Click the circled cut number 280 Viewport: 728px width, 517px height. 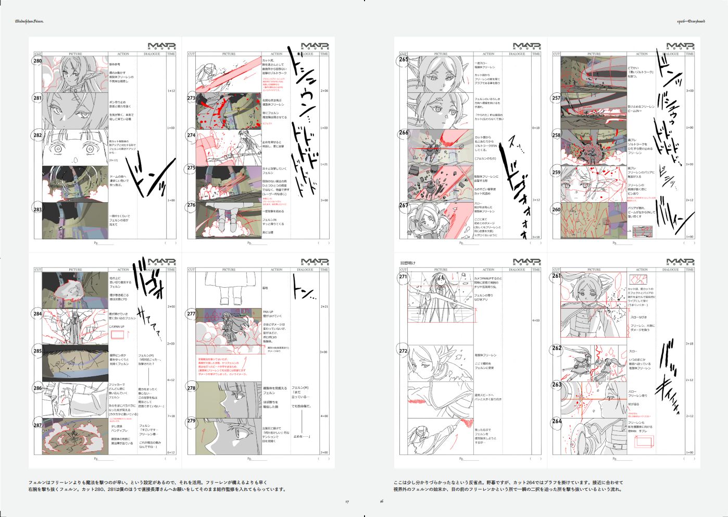pyautogui.click(x=37, y=61)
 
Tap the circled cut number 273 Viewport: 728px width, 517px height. pyautogui.click(x=191, y=98)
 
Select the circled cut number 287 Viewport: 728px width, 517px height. pyautogui.click(x=37, y=425)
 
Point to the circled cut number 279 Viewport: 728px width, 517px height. pyautogui.click(x=191, y=421)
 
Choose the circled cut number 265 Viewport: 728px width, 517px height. pyautogui.click(x=404, y=59)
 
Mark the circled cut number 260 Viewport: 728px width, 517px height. pyautogui.click(x=556, y=210)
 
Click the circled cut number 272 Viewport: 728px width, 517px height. pyautogui.click(x=403, y=351)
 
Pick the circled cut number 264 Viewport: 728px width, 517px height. pyautogui.click(x=557, y=421)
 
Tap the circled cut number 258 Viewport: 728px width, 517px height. pyautogui.click(x=556, y=135)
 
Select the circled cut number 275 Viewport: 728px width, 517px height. pyautogui.click(x=191, y=168)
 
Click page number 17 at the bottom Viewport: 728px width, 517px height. pyautogui.click(x=347, y=502)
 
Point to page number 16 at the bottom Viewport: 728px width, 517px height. pyautogui.click(x=381, y=502)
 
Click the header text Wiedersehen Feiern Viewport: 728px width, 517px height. pyautogui.click(x=29, y=21)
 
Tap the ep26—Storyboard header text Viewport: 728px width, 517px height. pyautogui.click(x=687, y=21)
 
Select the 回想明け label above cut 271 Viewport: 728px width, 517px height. pyautogui.click(x=408, y=263)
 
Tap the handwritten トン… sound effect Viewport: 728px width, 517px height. pyautogui.click(x=304, y=290)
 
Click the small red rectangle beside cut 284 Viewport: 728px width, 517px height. pyautogui.click(x=118, y=335)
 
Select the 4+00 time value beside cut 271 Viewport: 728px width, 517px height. pyautogui.click(x=536, y=321)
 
